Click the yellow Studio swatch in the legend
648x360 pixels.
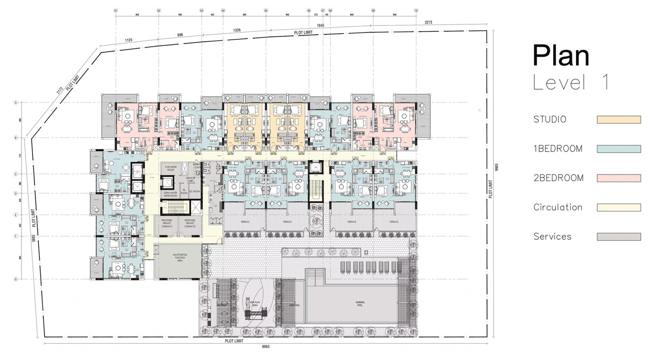[x=618, y=119]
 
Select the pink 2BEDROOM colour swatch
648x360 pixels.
[x=618, y=178]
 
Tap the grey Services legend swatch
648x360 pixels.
[x=618, y=236]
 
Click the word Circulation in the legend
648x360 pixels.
[x=558, y=207]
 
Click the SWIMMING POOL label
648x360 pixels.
[x=360, y=303]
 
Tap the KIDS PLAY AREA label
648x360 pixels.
[x=254, y=304]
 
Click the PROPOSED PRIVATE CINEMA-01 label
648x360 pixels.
[x=167, y=223]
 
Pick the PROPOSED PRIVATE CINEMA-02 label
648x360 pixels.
[x=190, y=223]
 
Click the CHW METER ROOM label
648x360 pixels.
[x=171, y=168]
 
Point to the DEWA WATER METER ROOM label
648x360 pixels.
[x=171, y=194]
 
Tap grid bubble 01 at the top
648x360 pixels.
[x=116, y=11]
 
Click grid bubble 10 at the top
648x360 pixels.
[x=416, y=11]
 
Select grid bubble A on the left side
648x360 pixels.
[x=16, y=103]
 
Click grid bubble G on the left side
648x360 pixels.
[x=16, y=279]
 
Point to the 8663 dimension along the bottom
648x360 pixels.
[x=266, y=347]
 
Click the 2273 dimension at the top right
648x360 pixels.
[x=428, y=22]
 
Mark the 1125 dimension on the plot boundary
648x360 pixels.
[x=128, y=40]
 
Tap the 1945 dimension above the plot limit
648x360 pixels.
[x=320, y=26]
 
